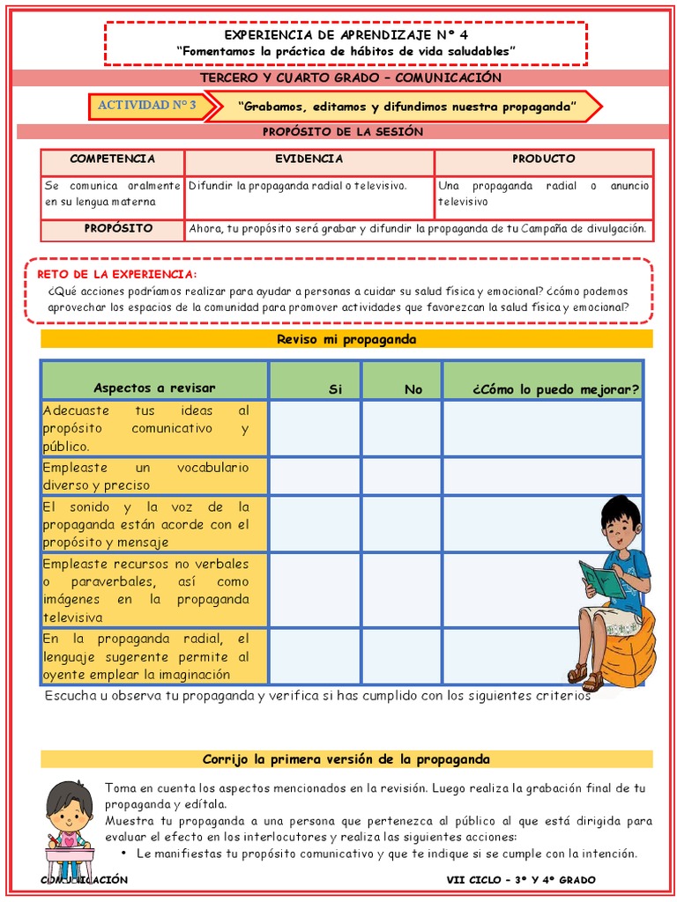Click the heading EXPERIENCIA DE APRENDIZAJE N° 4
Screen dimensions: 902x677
click(x=346, y=34)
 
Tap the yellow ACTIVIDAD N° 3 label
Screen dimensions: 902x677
click(x=146, y=106)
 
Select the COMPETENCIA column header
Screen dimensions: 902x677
click(x=112, y=159)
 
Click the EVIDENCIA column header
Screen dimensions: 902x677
click(x=309, y=159)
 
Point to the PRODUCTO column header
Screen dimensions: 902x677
click(x=543, y=159)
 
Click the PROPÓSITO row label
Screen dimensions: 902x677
click(x=118, y=229)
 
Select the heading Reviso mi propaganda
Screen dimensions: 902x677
click(x=346, y=339)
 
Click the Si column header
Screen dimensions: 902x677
click(x=335, y=388)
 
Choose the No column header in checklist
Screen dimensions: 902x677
click(x=413, y=388)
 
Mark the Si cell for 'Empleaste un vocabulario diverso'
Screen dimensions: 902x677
click(x=315, y=476)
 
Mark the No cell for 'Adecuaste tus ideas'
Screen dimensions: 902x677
click(x=401, y=428)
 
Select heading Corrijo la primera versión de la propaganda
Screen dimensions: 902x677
click(x=346, y=759)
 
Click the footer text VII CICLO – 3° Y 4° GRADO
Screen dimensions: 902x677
click(x=520, y=880)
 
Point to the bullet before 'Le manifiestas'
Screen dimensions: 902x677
click(x=124, y=854)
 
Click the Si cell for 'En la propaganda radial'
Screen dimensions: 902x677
click(x=315, y=656)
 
